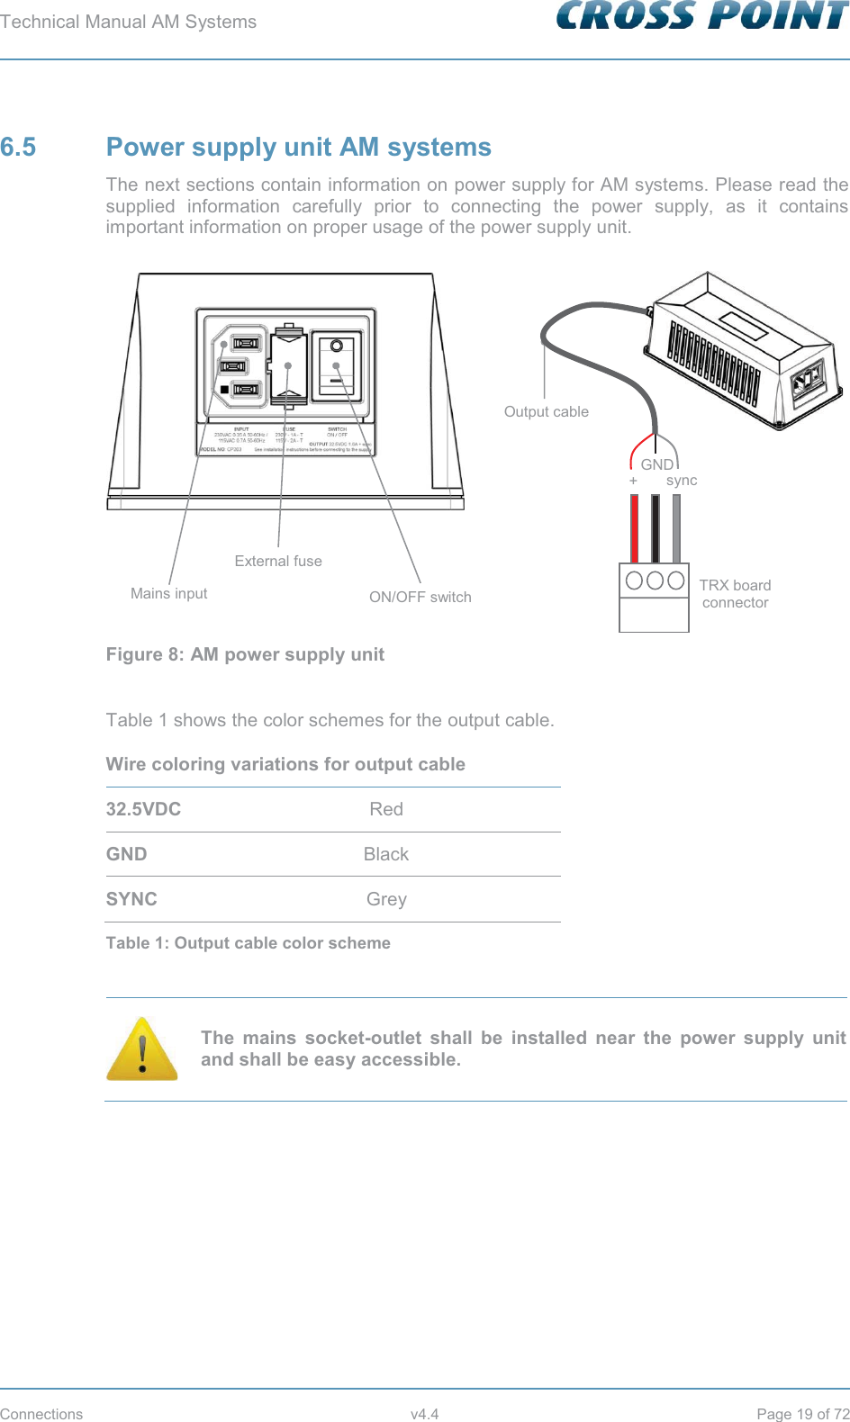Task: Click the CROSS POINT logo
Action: [702, 16]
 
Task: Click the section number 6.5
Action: [18, 148]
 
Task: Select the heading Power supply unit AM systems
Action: [298, 148]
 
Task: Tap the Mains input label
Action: [168, 593]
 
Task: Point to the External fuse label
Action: [278, 561]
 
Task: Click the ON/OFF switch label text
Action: [420, 597]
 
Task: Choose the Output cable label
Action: [546, 411]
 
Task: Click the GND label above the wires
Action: [656, 464]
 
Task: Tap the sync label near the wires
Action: [682, 481]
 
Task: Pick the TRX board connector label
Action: [735, 594]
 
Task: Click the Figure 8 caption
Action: [245, 654]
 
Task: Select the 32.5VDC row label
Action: [143, 809]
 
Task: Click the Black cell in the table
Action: [385, 854]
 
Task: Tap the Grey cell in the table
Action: [386, 899]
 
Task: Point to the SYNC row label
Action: [131, 899]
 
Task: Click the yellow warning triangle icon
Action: [142, 1049]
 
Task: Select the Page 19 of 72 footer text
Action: [802, 1414]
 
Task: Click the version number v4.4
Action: [424, 1414]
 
